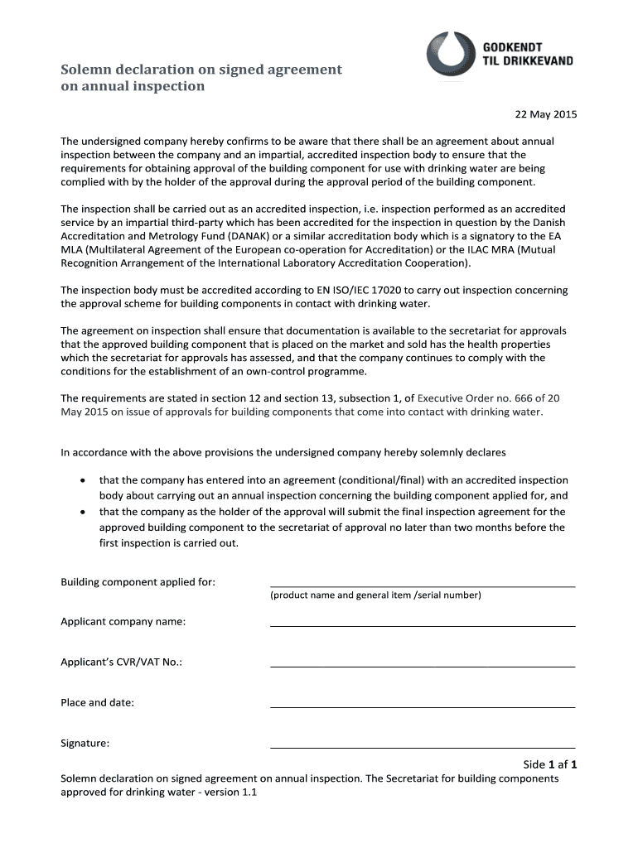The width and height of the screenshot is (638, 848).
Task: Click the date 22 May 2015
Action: (x=546, y=114)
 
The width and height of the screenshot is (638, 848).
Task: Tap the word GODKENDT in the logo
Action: (x=513, y=48)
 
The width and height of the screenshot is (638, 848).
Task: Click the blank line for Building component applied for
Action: (x=423, y=585)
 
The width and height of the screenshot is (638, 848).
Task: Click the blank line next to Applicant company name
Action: (x=423, y=625)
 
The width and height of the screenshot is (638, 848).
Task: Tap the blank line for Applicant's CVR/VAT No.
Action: (x=423, y=666)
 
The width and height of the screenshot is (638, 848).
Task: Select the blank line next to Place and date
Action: (x=423, y=706)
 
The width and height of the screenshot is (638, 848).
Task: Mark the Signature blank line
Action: (x=423, y=747)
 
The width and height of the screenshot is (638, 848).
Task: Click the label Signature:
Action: (x=85, y=743)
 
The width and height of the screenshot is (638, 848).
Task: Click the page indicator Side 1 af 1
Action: (x=549, y=764)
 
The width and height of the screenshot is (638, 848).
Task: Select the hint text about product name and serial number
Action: (x=375, y=595)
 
